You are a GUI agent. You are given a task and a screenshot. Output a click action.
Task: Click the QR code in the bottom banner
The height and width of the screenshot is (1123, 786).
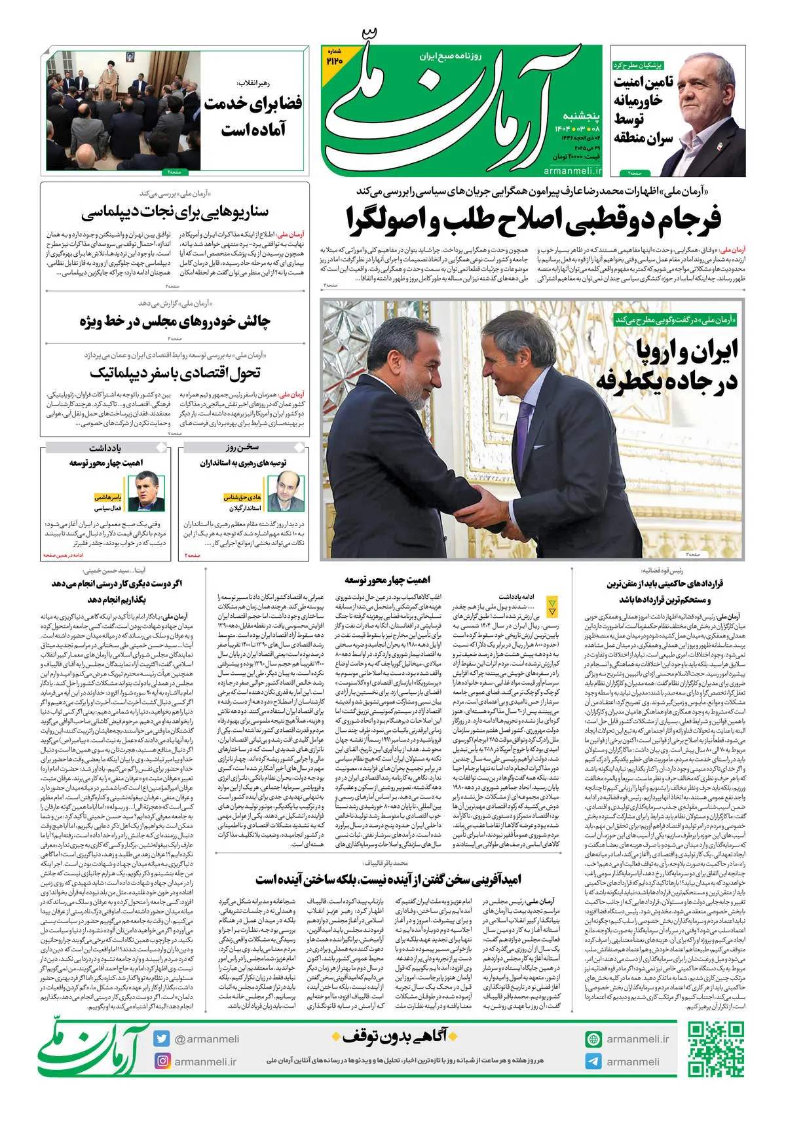715,1050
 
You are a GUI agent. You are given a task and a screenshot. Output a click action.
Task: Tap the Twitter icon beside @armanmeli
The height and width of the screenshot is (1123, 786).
162,1038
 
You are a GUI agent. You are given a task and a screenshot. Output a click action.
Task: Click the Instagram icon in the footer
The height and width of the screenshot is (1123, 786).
162,1061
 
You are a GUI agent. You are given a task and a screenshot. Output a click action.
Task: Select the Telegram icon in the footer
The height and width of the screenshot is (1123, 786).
593,1061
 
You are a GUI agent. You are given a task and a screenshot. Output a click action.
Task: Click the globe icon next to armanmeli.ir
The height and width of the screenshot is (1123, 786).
593,1038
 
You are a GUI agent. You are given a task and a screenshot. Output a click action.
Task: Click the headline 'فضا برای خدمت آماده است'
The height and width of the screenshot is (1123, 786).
253,116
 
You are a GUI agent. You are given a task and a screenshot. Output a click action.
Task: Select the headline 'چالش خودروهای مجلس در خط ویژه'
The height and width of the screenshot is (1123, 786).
175,321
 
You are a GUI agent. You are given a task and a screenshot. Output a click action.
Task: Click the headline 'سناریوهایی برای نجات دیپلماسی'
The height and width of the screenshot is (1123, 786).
175,212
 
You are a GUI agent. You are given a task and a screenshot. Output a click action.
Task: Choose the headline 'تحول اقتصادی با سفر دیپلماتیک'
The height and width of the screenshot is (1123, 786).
175,373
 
